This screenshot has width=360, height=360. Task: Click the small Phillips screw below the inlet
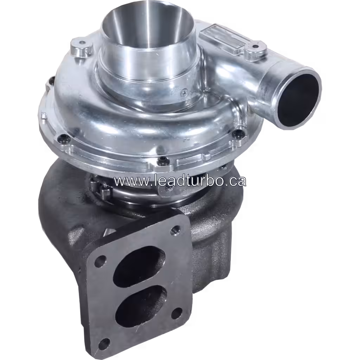[184, 93]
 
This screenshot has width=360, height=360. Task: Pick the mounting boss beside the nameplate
[256, 49]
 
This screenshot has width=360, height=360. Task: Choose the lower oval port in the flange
[141, 303]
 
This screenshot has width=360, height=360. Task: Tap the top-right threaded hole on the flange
[175, 231]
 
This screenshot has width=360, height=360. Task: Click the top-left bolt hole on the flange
[101, 260]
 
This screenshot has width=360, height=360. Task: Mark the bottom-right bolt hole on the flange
[177, 313]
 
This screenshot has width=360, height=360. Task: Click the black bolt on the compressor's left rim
[63, 138]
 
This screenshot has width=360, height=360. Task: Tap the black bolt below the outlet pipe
[238, 133]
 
